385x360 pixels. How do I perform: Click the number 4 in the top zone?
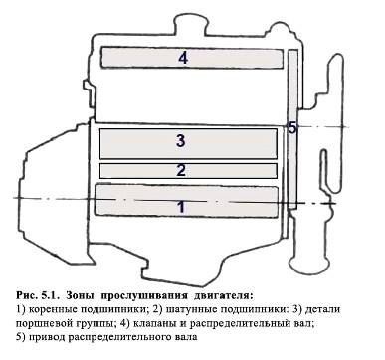pos(183,59)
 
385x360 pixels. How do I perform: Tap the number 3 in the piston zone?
pos(181,141)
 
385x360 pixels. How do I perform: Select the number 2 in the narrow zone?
pos(181,171)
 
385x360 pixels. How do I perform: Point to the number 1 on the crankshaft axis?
pos(181,207)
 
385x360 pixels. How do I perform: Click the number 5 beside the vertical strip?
pos(292,127)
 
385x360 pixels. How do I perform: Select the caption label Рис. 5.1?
pos(38,294)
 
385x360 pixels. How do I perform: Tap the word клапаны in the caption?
pos(152,323)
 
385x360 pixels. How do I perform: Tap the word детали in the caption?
pos(322,310)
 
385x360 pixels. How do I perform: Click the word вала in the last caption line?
pos(186,337)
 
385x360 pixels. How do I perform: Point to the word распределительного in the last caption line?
pos(118,338)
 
